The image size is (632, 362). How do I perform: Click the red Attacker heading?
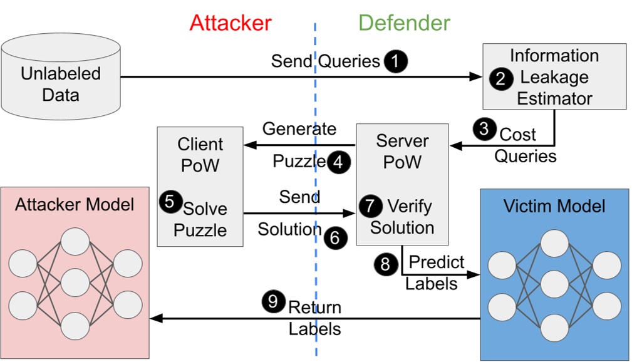[230, 23]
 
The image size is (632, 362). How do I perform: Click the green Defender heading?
[404, 23]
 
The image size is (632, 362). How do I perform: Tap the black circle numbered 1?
[395, 61]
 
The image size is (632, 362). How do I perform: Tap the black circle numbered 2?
[500, 79]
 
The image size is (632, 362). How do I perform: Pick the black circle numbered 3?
[484, 130]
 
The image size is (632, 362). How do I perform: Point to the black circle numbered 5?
[168, 202]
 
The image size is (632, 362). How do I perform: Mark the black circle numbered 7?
[370, 205]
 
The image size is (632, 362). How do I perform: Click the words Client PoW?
[200, 155]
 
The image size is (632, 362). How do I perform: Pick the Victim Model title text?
[554, 206]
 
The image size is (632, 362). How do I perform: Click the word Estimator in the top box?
[554, 98]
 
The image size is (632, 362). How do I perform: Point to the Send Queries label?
[325, 61]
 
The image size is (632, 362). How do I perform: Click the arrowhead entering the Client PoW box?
[249, 145]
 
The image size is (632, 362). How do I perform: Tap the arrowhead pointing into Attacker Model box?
[155, 318]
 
